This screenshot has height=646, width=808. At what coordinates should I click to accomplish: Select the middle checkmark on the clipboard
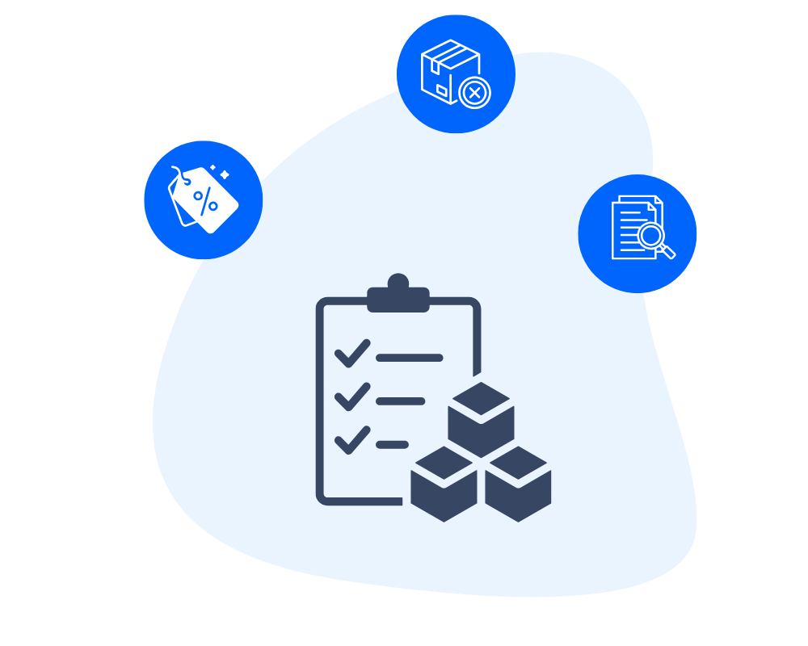tap(351, 397)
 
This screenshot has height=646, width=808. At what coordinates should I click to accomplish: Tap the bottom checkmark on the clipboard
tap(351, 441)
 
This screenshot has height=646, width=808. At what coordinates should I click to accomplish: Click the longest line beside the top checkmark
tap(410, 358)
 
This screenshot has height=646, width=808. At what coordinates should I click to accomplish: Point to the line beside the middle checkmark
tap(400, 401)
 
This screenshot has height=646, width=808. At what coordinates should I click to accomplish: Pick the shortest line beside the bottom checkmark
tap(393, 445)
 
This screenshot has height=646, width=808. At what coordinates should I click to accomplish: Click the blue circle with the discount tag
tap(203, 199)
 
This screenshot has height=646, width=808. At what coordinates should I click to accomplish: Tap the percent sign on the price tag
tap(206, 199)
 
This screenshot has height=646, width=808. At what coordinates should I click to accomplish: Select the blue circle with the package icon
tap(456, 73)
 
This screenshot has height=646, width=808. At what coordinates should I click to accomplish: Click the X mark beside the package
tap(475, 94)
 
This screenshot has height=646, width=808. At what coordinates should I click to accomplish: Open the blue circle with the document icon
tap(638, 233)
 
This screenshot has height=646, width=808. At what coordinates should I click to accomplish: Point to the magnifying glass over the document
tap(650, 236)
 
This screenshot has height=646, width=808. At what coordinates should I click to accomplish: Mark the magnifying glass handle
tap(667, 252)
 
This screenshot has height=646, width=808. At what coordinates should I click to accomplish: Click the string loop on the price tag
tap(178, 174)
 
